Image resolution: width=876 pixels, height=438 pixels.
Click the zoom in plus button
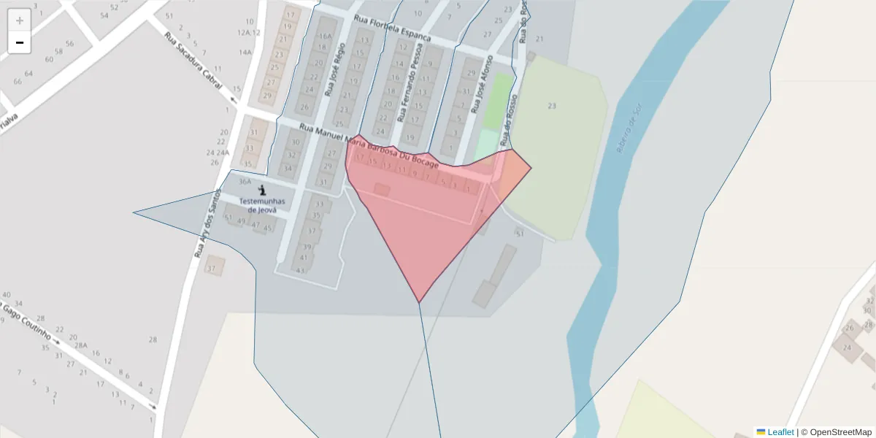[x=20, y=20]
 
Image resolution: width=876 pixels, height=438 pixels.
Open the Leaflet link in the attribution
[x=780, y=432]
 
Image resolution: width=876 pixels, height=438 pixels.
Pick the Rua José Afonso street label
[x=482, y=84]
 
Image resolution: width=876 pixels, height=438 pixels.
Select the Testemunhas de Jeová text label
[x=262, y=205]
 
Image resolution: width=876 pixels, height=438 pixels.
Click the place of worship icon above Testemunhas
[x=262, y=190]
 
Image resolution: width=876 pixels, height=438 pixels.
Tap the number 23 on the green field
[x=552, y=106]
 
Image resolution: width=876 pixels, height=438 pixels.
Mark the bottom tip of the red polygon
[x=419, y=302]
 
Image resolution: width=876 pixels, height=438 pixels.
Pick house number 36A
[x=245, y=182]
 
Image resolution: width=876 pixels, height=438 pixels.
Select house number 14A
[x=245, y=52]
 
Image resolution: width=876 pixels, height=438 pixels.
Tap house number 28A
[x=80, y=345]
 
